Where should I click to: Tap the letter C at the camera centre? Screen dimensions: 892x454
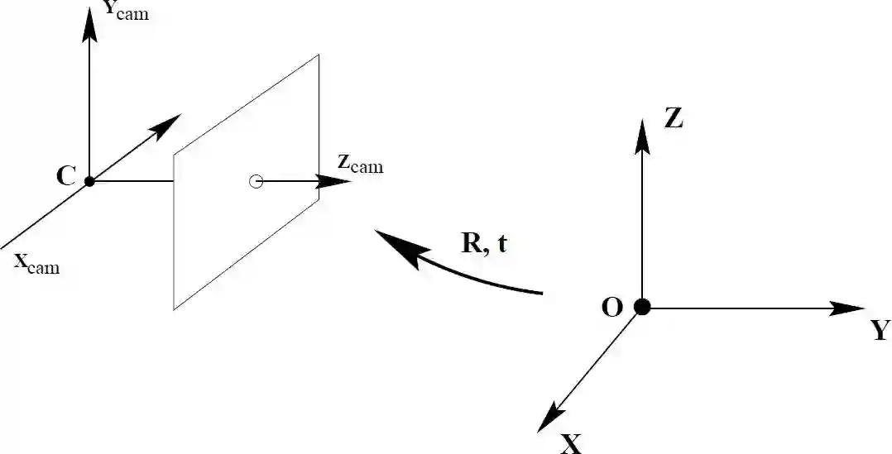(x=66, y=175)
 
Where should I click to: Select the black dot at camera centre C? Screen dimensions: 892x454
(x=89, y=181)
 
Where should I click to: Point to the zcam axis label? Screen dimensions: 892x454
(x=360, y=163)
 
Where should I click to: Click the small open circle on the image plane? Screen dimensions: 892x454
(x=257, y=181)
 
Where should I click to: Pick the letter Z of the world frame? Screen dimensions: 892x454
(x=674, y=120)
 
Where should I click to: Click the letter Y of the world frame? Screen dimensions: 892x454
(x=880, y=332)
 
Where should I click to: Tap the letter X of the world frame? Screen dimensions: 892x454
(x=571, y=444)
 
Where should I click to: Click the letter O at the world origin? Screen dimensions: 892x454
(x=612, y=308)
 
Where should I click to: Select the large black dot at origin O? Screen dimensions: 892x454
(x=641, y=308)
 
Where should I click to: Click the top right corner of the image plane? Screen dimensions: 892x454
(x=319, y=55)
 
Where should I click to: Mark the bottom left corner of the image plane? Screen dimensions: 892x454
(x=174, y=309)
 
